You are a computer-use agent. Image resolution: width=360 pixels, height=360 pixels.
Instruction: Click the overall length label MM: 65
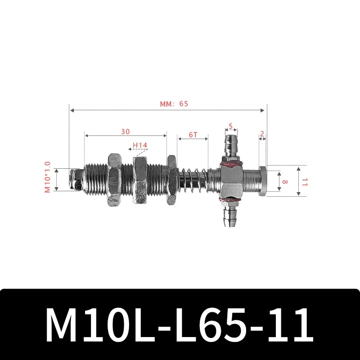[174, 103]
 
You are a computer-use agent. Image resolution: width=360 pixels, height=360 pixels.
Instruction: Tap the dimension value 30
[126, 131]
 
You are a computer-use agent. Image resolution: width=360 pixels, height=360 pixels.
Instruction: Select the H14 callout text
[140, 145]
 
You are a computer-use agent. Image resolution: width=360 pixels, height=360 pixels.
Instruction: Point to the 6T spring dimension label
[193, 135]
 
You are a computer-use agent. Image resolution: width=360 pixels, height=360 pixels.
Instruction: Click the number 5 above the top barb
[230, 126]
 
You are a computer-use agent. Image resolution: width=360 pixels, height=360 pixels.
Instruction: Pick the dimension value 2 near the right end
[262, 134]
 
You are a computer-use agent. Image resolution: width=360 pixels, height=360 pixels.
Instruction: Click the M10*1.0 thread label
[48, 178]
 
